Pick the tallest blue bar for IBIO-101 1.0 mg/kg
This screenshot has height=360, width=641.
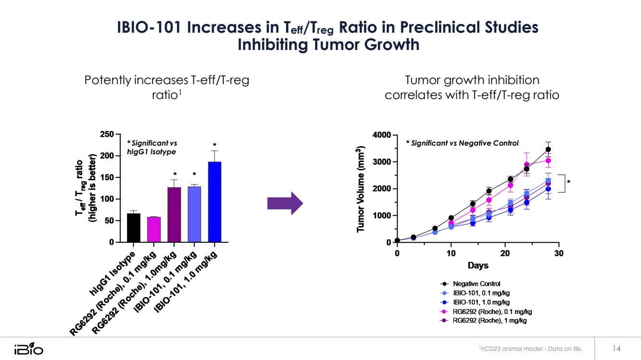click(x=214, y=202)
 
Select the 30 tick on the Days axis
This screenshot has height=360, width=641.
click(x=559, y=253)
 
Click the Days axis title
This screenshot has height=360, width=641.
click(x=478, y=265)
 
